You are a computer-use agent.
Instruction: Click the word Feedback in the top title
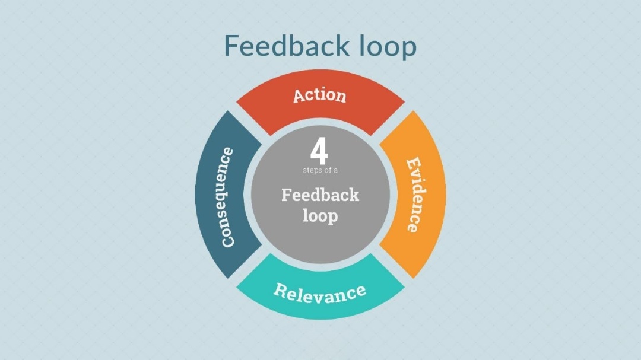(x=287, y=46)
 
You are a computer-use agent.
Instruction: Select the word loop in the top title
(x=388, y=47)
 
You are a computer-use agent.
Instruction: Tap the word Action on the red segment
(x=319, y=95)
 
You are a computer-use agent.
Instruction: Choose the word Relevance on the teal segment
(x=319, y=292)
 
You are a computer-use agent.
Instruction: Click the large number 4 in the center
(x=319, y=152)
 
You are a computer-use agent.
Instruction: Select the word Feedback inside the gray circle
(x=320, y=195)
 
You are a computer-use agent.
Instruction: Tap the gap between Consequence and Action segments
(x=248, y=122)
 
